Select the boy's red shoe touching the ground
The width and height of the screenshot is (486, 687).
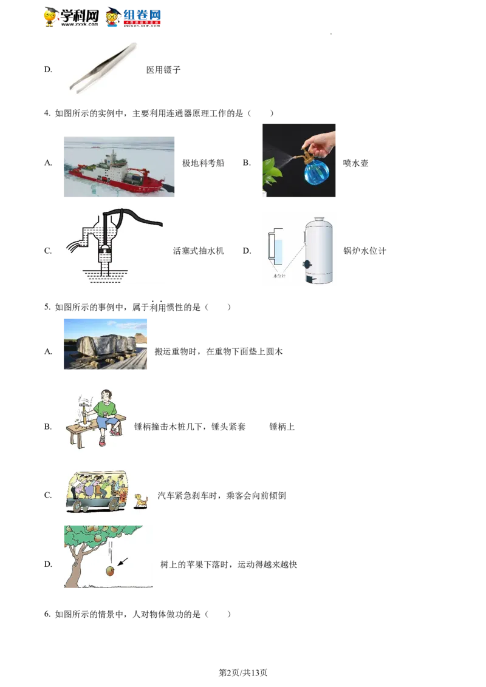click(101, 441)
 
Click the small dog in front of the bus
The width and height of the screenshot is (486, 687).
click(141, 501)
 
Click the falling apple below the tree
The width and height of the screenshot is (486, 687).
click(110, 571)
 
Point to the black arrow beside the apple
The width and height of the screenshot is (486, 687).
click(123, 562)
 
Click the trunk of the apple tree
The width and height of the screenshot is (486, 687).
click(76, 567)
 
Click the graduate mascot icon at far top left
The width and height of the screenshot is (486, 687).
click(51, 17)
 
